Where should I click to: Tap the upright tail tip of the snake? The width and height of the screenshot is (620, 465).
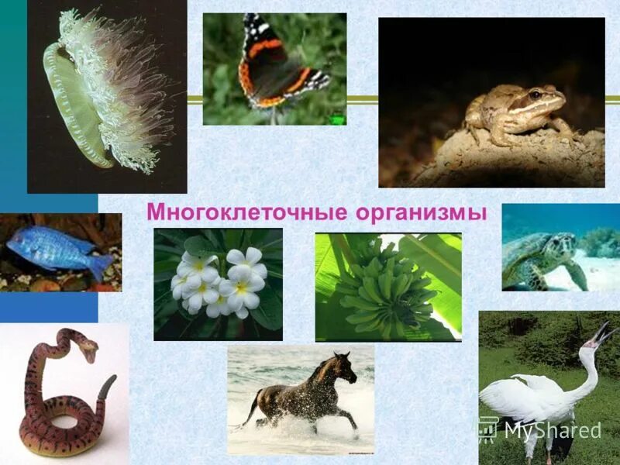112,383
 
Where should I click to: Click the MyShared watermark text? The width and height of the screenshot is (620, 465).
552,430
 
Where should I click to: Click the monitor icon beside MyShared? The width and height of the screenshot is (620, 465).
487,429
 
